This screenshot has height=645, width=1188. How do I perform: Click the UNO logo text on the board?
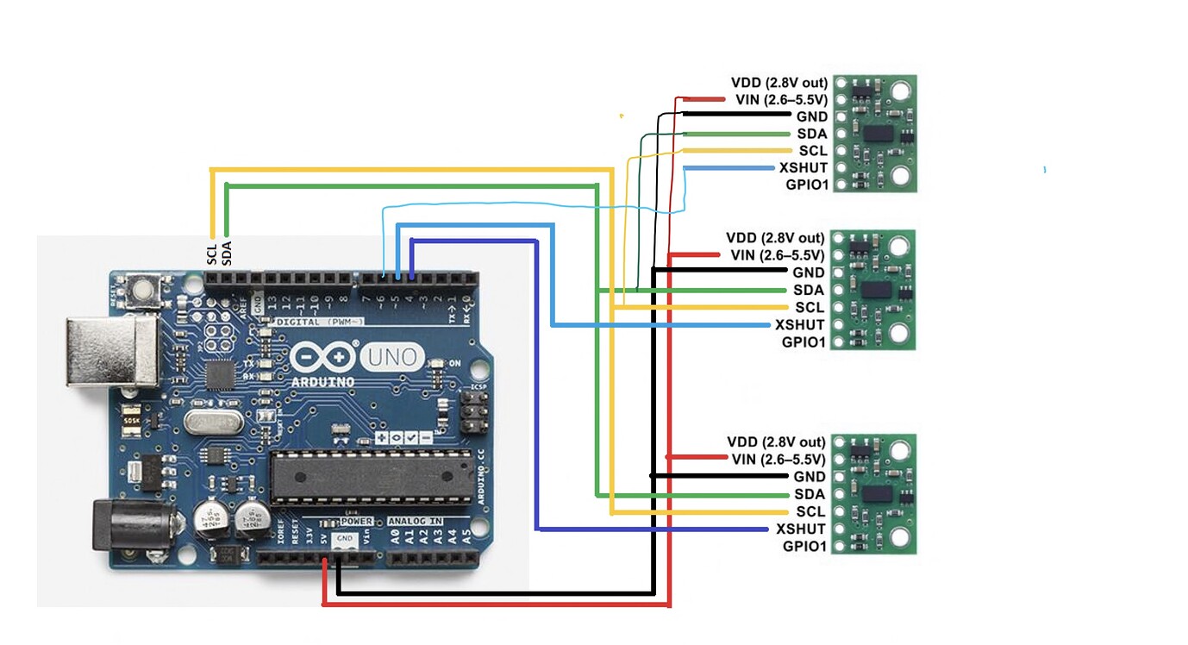coord(392,356)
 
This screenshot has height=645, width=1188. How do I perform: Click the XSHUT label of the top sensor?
coord(803,168)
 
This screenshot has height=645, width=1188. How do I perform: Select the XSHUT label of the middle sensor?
coord(800,325)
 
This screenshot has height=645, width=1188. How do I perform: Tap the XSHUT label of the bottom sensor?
coord(801,529)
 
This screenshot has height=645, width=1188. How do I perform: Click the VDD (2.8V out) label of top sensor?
coord(779,83)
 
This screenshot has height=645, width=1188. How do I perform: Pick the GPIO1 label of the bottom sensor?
coord(804,546)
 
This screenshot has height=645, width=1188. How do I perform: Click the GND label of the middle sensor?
coord(810,272)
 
